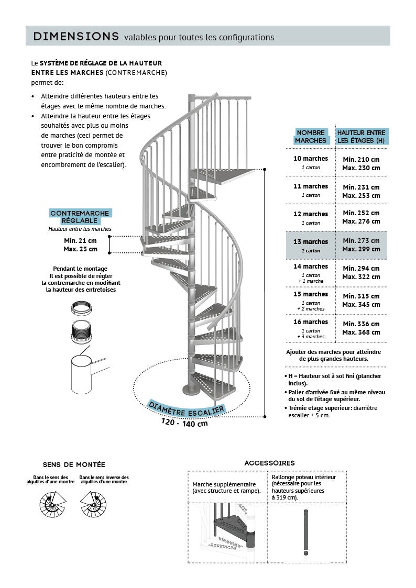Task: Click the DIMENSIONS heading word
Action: (x=76, y=36)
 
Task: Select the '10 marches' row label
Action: (x=311, y=159)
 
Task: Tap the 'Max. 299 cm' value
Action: (x=361, y=249)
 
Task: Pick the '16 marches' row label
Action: (x=311, y=322)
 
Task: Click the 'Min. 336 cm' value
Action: (x=361, y=324)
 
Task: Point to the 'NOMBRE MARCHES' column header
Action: (x=311, y=137)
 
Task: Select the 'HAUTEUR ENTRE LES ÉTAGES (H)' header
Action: (x=361, y=137)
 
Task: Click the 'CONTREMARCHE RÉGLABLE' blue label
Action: (x=80, y=217)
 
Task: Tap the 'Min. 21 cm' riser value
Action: (x=80, y=241)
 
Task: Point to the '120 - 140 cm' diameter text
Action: (x=184, y=422)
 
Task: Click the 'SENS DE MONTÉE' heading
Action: (x=74, y=464)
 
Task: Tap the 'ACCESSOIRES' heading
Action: (x=269, y=463)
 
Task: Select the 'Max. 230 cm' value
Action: (x=361, y=168)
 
